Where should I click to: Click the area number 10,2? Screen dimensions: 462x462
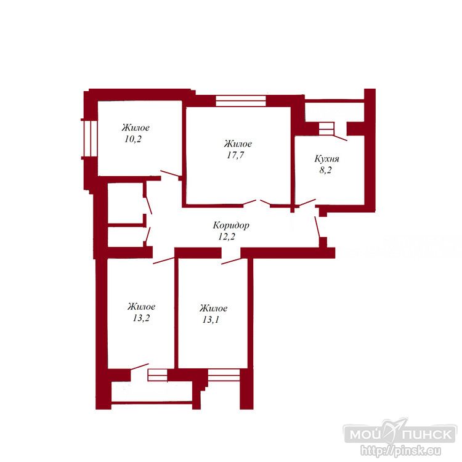click(x=133, y=139)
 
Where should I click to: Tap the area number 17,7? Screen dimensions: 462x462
click(x=235, y=155)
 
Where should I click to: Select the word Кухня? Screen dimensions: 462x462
click(x=326, y=159)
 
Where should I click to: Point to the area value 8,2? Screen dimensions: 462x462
click(x=326, y=170)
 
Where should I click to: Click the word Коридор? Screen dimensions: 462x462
click(x=231, y=225)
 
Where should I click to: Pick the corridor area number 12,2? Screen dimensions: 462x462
click(x=227, y=237)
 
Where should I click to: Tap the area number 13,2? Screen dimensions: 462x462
click(x=141, y=318)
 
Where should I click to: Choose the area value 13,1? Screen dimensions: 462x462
click(x=211, y=319)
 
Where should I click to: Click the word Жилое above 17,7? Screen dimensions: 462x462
click(x=238, y=144)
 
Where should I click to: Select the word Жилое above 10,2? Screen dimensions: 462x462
click(x=136, y=128)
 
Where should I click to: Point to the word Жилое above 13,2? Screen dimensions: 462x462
click(x=142, y=307)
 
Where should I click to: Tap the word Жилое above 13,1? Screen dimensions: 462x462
click(x=213, y=308)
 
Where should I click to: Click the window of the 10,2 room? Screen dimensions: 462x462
click(x=89, y=139)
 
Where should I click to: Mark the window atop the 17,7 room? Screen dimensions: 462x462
click(x=241, y=100)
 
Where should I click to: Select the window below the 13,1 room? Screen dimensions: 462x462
click(x=224, y=375)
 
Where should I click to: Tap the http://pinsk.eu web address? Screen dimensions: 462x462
click(x=401, y=450)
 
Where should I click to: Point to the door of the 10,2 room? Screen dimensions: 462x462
click(x=170, y=174)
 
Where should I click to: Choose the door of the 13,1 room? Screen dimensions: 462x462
click(x=231, y=261)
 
